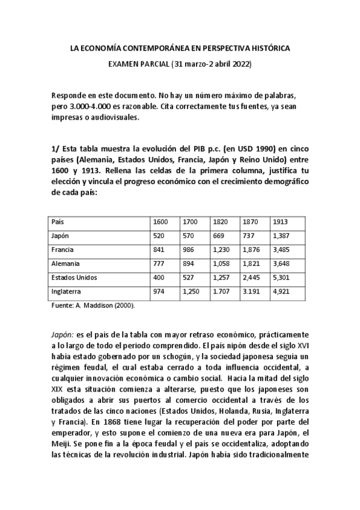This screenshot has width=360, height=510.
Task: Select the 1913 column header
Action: (280, 222)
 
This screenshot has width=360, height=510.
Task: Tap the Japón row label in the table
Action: (60, 236)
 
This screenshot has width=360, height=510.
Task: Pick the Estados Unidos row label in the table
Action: (74, 278)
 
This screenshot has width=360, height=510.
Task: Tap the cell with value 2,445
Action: (252, 278)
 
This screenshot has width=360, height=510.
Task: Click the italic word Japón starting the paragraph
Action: (63, 333)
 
